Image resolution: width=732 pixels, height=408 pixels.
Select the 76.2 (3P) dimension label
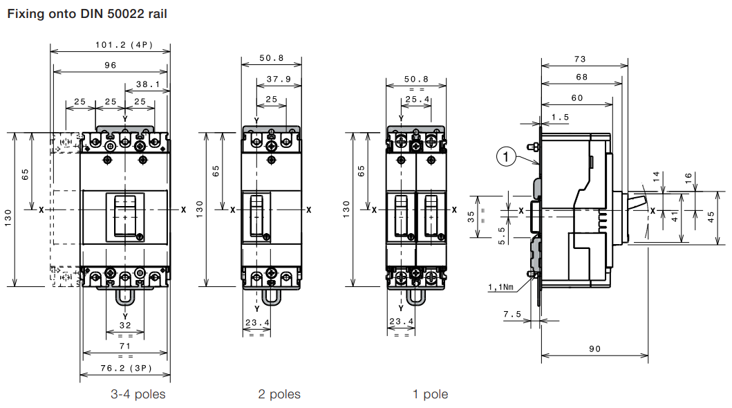[125, 369]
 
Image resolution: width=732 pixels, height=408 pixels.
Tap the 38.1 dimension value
[147, 84]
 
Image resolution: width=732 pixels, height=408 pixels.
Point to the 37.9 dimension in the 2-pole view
[279, 79]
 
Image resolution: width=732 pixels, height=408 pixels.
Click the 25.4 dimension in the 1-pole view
[417, 100]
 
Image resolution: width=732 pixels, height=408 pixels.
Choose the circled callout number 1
[506, 158]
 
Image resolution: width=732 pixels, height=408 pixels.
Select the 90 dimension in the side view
[594, 349]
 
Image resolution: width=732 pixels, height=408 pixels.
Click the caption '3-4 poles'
[138, 394]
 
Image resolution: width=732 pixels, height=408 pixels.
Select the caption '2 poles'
[279, 394]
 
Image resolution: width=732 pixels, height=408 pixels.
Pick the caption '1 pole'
[430, 394]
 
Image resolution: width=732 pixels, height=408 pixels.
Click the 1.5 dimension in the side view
[561, 118]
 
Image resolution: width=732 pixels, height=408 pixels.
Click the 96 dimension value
[110, 65]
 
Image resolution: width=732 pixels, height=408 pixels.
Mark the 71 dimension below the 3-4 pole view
[125, 346]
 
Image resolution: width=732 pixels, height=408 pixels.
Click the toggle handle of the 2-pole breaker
[256, 216]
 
